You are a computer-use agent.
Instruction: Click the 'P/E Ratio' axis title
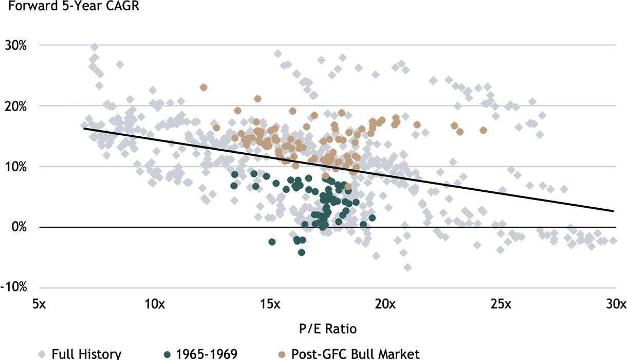327,328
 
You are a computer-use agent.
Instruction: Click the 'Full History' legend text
86,353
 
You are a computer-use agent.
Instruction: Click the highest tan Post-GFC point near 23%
204,87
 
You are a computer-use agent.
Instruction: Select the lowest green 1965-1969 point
302,252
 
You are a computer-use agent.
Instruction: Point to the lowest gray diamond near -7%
408,267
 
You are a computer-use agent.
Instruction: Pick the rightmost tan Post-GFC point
483,131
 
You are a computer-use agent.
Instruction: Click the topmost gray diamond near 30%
95,47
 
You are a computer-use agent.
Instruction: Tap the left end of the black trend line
84,128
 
